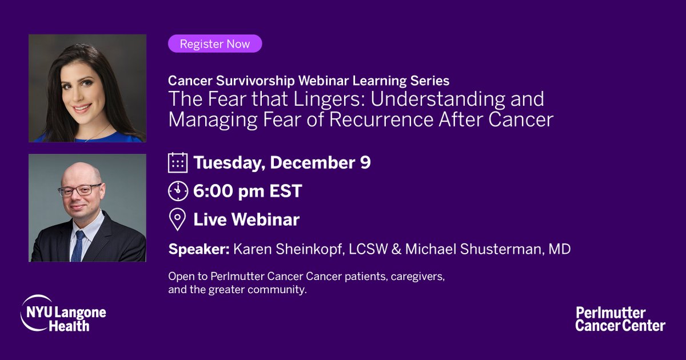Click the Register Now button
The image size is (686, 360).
(215, 43)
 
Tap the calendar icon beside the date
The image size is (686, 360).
(178, 163)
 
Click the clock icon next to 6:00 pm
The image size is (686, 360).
(178, 191)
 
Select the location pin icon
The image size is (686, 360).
(178, 219)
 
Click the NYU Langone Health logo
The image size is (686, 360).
(63, 313)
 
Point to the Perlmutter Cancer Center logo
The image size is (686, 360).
(620, 319)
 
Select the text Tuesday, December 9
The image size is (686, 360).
(282, 163)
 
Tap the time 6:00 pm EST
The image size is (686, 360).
(248, 191)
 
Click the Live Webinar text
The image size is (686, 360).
(246, 219)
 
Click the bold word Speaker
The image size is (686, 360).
(192, 250)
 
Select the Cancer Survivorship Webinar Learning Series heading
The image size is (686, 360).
(309, 80)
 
